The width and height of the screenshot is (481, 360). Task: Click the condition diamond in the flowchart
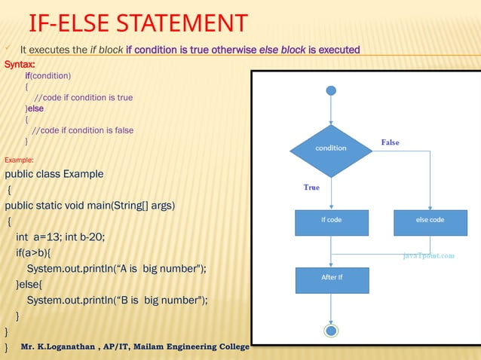click(x=331, y=148)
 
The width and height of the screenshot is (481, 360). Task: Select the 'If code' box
click(x=331, y=220)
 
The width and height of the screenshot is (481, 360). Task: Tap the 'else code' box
click(x=430, y=220)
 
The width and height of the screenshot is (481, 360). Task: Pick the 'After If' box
click(x=331, y=278)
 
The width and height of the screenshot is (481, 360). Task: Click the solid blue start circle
click(x=331, y=91)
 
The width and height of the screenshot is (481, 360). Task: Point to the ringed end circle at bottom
click(x=331, y=330)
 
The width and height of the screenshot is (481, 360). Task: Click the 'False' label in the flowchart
click(x=390, y=142)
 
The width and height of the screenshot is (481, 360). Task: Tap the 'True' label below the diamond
click(x=311, y=188)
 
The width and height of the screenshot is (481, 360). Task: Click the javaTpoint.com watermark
click(x=427, y=256)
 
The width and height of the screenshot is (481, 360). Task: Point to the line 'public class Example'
click(x=54, y=175)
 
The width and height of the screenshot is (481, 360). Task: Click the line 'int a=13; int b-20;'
click(x=60, y=237)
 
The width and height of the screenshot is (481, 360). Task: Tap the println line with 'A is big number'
click(x=117, y=269)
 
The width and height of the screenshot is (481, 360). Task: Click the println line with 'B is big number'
click(x=117, y=300)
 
